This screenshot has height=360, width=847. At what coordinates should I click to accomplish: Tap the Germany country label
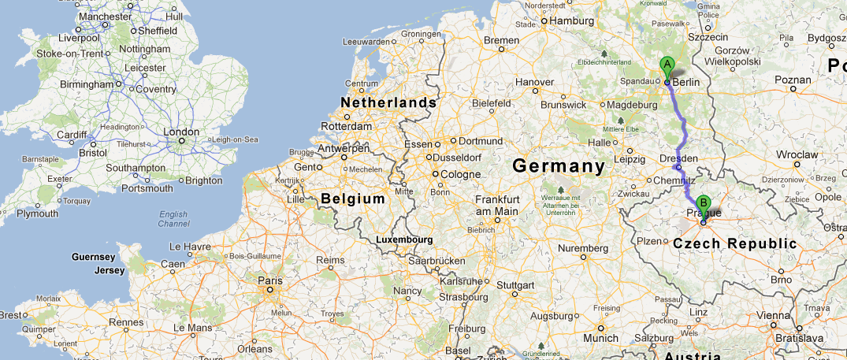coord(558,166)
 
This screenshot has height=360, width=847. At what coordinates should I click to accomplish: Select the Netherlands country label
coord(388,102)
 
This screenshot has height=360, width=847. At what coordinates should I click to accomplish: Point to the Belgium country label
coord(353,199)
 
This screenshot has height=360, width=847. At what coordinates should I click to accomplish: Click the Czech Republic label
coord(734,243)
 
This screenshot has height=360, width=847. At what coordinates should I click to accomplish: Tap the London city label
coord(180,132)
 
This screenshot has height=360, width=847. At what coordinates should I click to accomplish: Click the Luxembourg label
coord(404,239)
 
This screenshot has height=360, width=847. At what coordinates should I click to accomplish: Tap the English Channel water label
coord(173,219)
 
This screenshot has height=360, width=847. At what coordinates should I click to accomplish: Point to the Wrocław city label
coord(797,155)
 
